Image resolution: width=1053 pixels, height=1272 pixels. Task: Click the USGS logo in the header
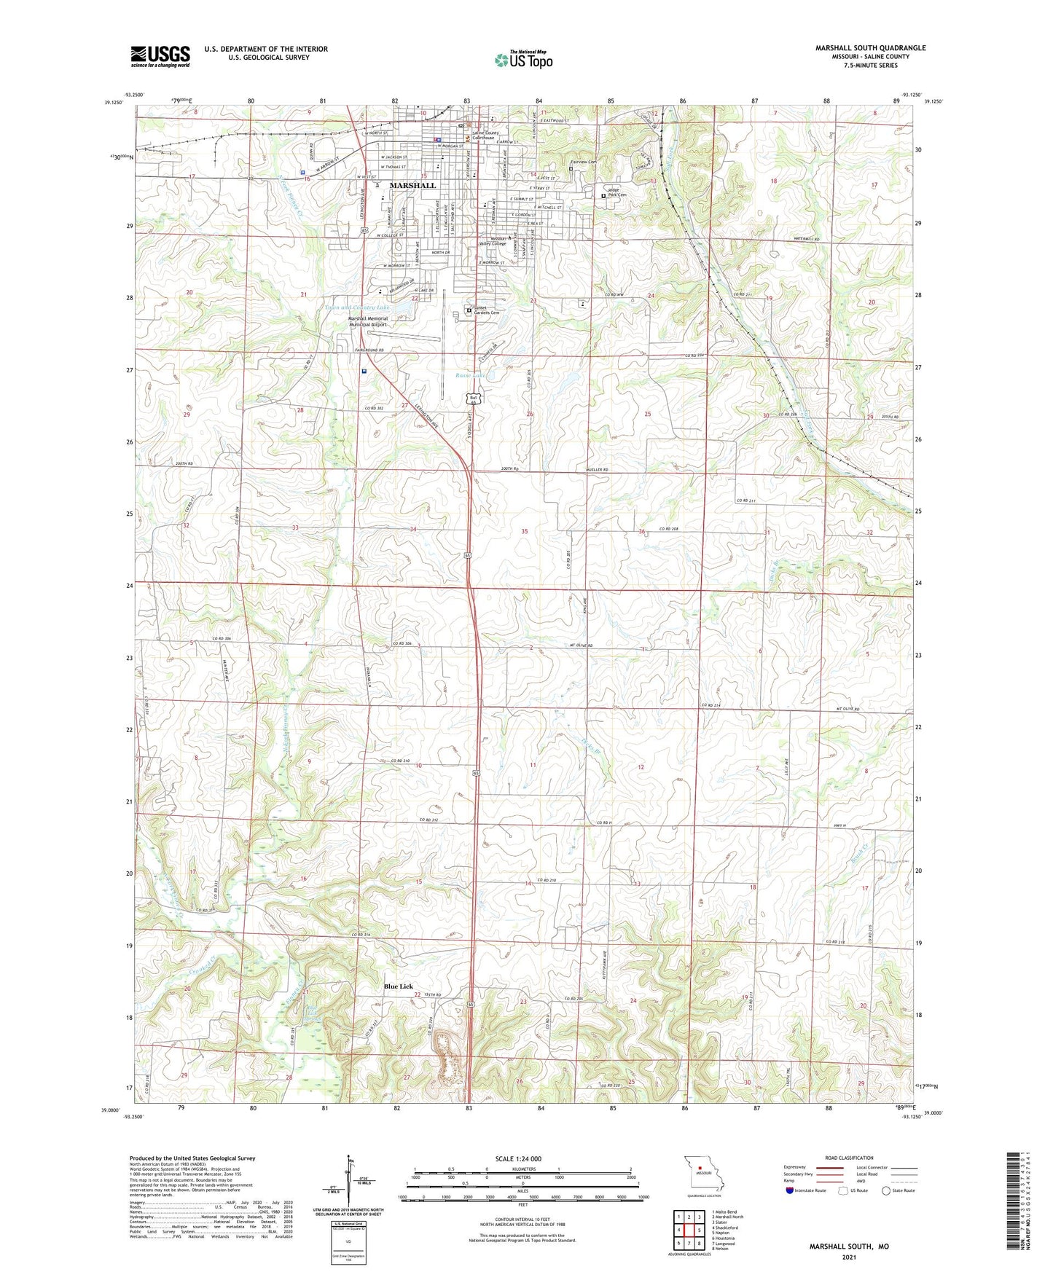click(160, 55)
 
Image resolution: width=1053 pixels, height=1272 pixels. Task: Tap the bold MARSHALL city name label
click(412, 186)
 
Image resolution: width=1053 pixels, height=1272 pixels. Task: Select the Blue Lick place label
click(399, 986)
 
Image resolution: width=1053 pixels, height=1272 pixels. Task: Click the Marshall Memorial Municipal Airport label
click(367, 321)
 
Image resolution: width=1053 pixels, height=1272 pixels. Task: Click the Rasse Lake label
click(470, 375)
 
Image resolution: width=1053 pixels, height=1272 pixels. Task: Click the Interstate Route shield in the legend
click(791, 1190)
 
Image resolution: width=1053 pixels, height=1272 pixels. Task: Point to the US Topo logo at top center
click(523, 60)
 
